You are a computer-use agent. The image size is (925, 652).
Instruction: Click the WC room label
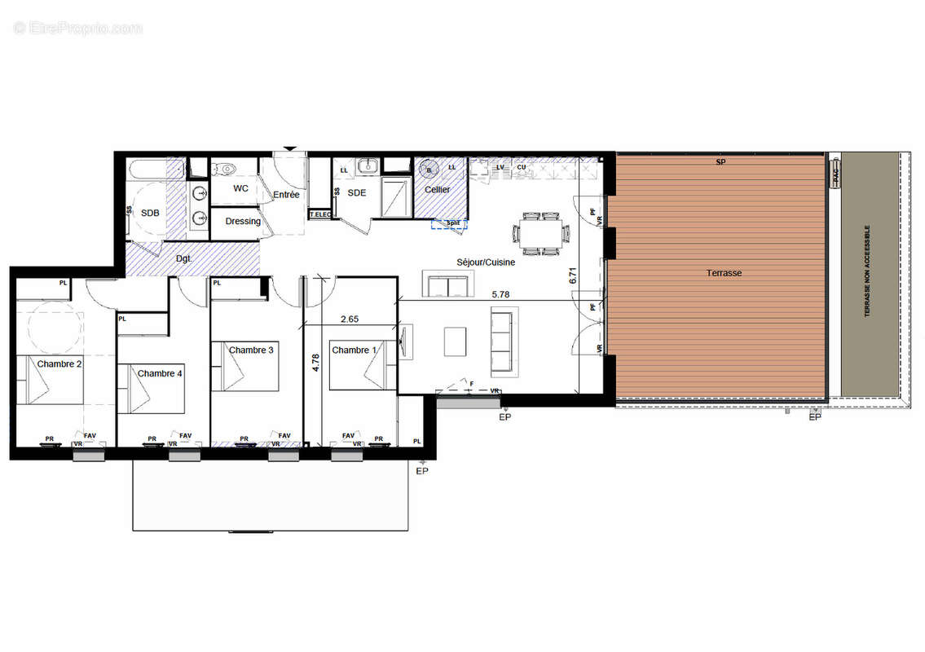[240, 188]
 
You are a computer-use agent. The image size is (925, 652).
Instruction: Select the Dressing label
[243, 221]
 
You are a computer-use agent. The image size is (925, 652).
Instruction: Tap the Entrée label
[286, 195]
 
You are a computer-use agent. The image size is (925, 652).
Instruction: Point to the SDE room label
[357, 192]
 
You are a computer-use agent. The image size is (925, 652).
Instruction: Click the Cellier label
[437, 189]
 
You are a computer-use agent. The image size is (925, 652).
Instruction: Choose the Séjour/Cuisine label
[485, 262]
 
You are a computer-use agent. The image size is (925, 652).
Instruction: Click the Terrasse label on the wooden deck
[724, 273]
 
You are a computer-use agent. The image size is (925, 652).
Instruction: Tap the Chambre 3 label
[251, 350]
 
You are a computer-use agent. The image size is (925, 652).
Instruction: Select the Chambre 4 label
[161, 373]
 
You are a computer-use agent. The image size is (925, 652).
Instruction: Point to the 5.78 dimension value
[502, 293]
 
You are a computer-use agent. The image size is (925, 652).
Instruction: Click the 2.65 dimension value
[349, 319]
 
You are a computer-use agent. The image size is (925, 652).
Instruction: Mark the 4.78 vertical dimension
[315, 362]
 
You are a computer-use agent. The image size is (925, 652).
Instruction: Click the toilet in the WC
[223, 170]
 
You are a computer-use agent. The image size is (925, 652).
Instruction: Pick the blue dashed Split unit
[449, 223]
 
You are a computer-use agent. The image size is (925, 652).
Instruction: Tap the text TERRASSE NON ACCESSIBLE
[867, 271]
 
